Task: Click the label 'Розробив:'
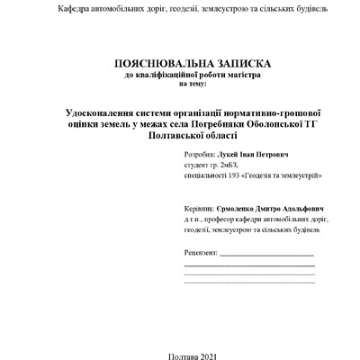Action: [197, 156]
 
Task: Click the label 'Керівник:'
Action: [198, 207]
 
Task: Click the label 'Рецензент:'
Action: [201, 255]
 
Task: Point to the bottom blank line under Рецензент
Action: [248, 283]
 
